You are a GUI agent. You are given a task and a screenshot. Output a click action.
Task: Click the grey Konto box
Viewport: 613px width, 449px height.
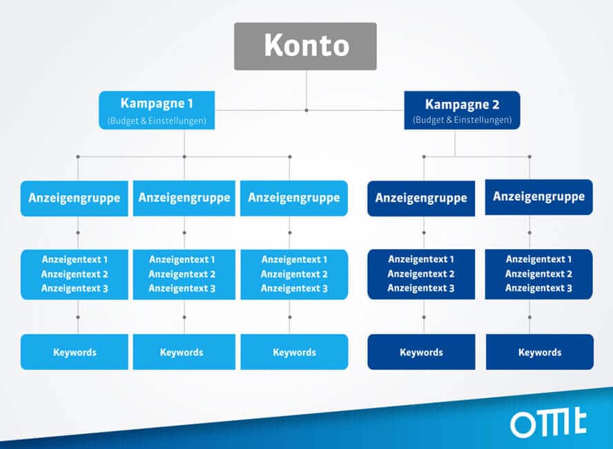pyautogui.click(x=305, y=46)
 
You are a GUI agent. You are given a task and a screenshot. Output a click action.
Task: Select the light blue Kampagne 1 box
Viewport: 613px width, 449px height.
pyautogui.click(x=157, y=110)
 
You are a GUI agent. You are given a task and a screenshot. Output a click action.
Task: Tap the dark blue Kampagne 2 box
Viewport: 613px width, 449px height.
pyautogui.click(x=462, y=110)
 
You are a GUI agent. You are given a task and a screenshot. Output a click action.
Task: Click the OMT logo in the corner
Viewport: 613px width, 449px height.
pyautogui.click(x=548, y=423)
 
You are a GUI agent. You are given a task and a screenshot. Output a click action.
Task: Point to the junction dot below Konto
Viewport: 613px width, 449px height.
pyautogui.click(x=306, y=110)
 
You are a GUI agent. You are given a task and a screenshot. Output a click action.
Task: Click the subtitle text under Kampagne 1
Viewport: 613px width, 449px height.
pyautogui.click(x=157, y=121)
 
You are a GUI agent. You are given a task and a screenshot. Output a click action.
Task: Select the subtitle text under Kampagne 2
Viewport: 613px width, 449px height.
pyautogui.click(x=462, y=120)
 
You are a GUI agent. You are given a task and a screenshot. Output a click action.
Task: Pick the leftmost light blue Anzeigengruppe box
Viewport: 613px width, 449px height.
pyautogui.click(x=75, y=198)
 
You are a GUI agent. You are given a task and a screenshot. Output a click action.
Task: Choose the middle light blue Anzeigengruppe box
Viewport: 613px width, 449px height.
pyautogui.click(x=184, y=198)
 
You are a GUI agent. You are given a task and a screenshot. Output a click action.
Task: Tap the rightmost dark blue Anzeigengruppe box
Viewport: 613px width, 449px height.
pyautogui.click(x=538, y=197)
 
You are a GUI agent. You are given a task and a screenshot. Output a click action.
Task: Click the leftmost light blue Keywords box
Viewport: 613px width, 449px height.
pyautogui.click(x=75, y=352)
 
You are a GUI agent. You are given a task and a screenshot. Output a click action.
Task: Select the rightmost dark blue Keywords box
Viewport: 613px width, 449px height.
pyautogui.click(x=540, y=352)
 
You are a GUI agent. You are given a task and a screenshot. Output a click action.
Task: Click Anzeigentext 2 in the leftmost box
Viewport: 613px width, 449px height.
pyautogui.click(x=75, y=274)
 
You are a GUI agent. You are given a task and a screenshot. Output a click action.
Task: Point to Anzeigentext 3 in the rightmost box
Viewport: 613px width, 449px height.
pyautogui.click(x=538, y=288)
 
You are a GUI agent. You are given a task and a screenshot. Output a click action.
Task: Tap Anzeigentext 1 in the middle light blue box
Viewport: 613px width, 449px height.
pyautogui.click(x=182, y=259)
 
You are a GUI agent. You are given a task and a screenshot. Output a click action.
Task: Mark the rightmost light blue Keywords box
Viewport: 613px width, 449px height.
pyautogui.click(x=294, y=352)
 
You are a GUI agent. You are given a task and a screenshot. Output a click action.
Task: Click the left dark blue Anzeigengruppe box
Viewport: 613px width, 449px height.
pyautogui.click(x=421, y=199)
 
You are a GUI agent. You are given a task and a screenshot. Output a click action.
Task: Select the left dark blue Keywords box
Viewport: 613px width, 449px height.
pyautogui.click(x=421, y=352)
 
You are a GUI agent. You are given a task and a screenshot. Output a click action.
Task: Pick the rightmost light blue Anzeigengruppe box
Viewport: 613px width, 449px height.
pyautogui.click(x=294, y=198)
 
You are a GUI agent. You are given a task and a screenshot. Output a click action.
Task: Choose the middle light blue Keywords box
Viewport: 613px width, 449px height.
pyautogui.click(x=184, y=352)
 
